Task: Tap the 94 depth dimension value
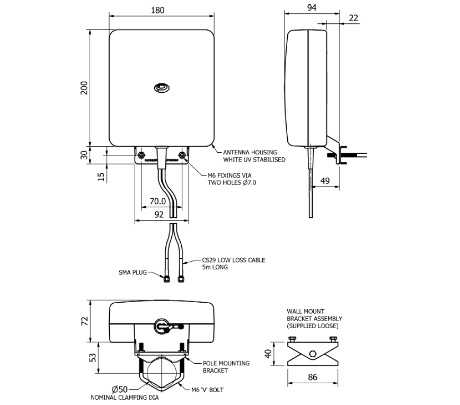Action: click(x=312, y=7)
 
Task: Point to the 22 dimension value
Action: click(x=353, y=18)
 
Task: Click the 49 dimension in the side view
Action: click(x=325, y=181)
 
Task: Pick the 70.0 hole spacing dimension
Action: click(x=157, y=201)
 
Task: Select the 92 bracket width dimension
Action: click(x=158, y=215)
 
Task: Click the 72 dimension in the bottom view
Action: click(x=84, y=322)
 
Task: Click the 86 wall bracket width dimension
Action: click(x=312, y=378)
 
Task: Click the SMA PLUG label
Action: click(x=132, y=272)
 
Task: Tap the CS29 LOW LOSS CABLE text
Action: click(x=233, y=260)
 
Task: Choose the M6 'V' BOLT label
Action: click(x=207, y=390)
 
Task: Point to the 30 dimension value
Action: click(x=84, y=154)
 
